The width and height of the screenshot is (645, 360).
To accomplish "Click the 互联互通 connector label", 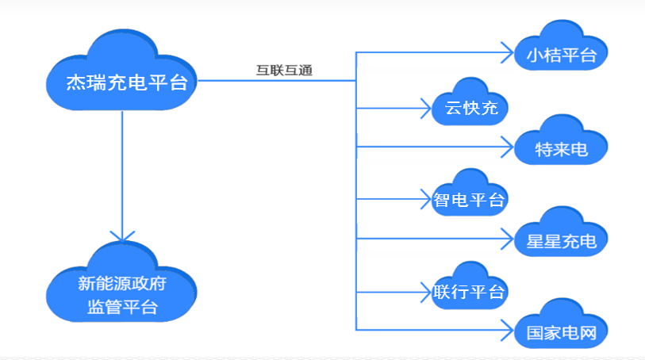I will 284,71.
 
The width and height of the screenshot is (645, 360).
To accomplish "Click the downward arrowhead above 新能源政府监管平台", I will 121,236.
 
